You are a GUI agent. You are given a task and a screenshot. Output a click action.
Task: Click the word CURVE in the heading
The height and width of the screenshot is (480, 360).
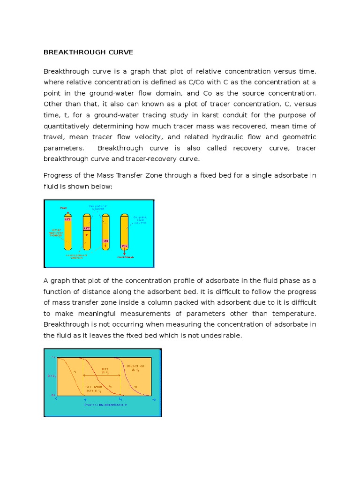119,52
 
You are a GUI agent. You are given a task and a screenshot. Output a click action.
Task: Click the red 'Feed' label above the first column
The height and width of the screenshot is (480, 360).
63,207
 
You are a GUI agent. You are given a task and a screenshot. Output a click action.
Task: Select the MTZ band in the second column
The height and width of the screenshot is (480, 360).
86,228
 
